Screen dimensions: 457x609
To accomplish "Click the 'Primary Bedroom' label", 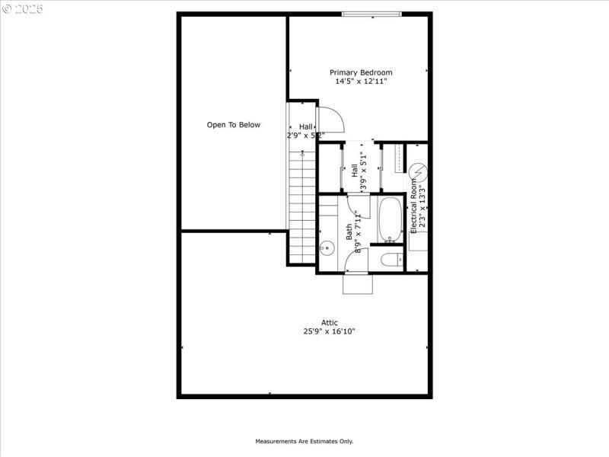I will (x=361, y=72).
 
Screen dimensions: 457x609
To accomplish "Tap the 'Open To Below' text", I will (x=234, y=125).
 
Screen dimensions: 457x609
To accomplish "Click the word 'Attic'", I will (x=329, y=322).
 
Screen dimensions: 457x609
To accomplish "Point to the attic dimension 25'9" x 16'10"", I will (x=329, y=331).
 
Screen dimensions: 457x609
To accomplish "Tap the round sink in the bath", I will (x=327, y=248).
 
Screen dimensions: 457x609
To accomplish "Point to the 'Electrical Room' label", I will (x=414, y=201).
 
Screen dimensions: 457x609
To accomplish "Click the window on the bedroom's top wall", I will (x=371, y=14).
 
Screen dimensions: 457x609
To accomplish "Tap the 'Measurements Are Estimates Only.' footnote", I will (x=304, y=441).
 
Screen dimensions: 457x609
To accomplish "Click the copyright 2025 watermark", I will (x=23, y=8).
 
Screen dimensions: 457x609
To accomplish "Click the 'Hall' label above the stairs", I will (x=305, y=126).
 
